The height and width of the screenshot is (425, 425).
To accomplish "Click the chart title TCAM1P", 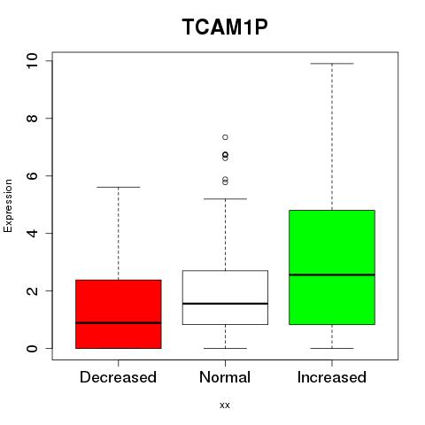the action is pyautogui.click(x=225, y=27).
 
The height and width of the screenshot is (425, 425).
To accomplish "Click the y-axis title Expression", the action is pyautogui.click(x=8, y=205).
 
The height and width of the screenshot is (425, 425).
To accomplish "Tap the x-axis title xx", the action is pyautogui.click(x=225, y=405).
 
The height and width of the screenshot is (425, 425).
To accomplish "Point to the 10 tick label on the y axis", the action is pyautogui.click(x=32, y=61).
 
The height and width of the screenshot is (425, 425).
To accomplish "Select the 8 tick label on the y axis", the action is pyautogui.click(x=32, y=119).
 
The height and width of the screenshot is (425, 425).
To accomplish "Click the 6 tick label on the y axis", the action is pyautogui.click(x=32, y=176).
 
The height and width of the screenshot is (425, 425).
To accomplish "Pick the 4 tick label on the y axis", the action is pyautogui.click(x=32, y=233).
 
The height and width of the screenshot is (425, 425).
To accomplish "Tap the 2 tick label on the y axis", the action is pyautogui.click(x=32, y=290).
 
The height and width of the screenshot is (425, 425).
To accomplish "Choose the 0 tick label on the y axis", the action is pyautogui.click(x=32, y=348).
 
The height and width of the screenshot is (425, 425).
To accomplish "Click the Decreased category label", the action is pyautogui.click(x=118, y=377).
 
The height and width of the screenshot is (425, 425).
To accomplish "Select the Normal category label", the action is pyautogui.click(x=225, y=377).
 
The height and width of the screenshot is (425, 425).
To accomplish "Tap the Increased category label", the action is pyautogui.click(x=332, y=377).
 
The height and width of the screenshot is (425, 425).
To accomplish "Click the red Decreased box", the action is pyautogui.click(x=119, y=314).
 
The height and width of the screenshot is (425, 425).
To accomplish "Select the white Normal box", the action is pyautogui.click(x=225, y=297).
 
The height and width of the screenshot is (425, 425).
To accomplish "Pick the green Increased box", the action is pyautogui.click(x=332, y=267).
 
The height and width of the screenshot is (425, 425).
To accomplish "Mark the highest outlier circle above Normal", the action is pyautogui.click(x=225, y=137).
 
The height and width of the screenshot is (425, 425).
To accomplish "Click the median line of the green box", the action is pyautogui.click(x=332, y=274).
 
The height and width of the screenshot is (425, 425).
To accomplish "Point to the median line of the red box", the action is pyautogui.click(x=119, y=323).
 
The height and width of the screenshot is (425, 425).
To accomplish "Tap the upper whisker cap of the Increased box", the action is pyautogui.click(x=332, y=64).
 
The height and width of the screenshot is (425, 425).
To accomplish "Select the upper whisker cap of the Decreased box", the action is pyautogui.click(x=119, y=187).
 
